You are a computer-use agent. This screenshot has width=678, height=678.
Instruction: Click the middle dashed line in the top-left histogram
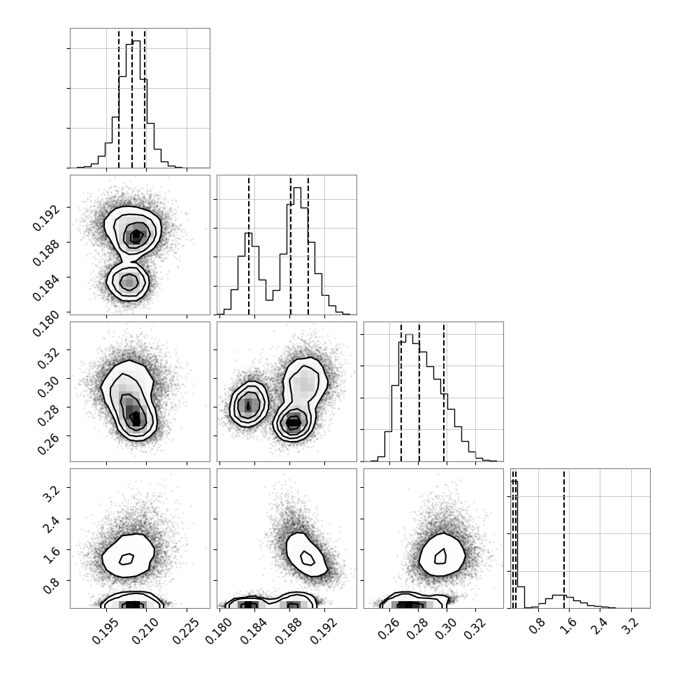132,98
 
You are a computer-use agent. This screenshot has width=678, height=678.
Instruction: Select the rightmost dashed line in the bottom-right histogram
564,538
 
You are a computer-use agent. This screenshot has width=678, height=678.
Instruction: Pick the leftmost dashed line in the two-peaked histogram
249,245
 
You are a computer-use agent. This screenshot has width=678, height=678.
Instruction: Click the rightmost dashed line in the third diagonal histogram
444,391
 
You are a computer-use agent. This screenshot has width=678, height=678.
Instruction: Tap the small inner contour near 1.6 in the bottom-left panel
127,559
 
